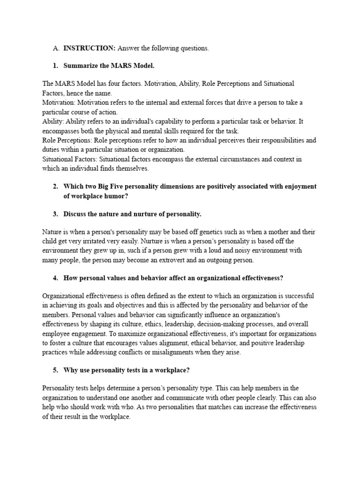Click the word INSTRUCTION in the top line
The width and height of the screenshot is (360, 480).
(x=90, y=48)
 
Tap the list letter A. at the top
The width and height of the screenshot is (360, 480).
(x=56, y=48)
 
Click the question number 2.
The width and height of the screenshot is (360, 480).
(x=55, y=187)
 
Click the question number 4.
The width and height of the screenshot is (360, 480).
(x=55, y=278)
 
